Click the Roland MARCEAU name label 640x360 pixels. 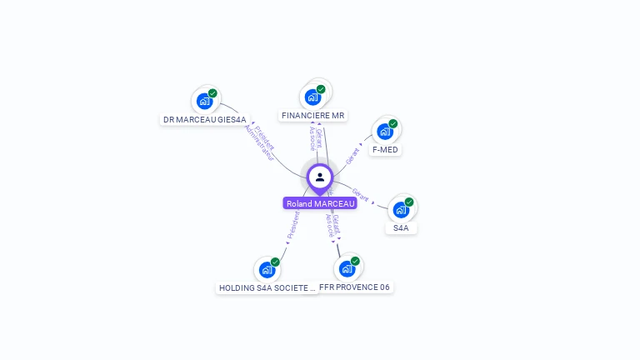point(320,203)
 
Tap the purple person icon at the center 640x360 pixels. point(320,177)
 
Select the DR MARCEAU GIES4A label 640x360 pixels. point(205,120)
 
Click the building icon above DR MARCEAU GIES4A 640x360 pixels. point(204,101)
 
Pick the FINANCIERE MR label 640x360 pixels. point(313,116)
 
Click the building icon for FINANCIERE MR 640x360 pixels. point(312,97)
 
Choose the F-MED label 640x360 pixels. point(385,150)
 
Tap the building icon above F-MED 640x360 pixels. point(385,131)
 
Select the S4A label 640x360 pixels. point(401,227)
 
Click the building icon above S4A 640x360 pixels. point(401,209)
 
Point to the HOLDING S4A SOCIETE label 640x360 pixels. point(267,288)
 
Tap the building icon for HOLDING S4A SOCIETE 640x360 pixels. point(267,269)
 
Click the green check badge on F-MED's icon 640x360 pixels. point(393,124)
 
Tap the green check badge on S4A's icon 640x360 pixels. point(409,202)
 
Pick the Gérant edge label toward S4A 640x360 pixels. point(361,193)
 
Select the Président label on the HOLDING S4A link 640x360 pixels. point(292,225)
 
